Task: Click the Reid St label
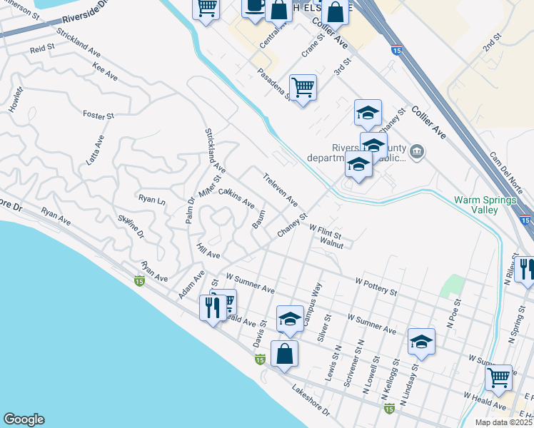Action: tap(42, 49)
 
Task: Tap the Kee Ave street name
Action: tap(105, 71)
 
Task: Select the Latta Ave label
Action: tap(95, 151)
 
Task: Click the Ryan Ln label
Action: tap(151, 200)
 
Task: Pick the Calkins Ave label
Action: tap(236, 198)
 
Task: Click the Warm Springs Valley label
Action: tap(485, 205)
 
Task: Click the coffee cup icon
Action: tap(254, 6)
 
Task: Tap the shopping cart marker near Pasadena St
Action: tap(303, 87)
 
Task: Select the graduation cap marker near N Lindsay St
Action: tap(421, 340)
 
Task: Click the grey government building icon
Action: tap(418, 151)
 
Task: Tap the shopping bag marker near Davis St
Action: tap(284, 353)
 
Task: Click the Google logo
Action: tap(24, 419)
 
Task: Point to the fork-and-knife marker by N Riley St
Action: tap(527, 270)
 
